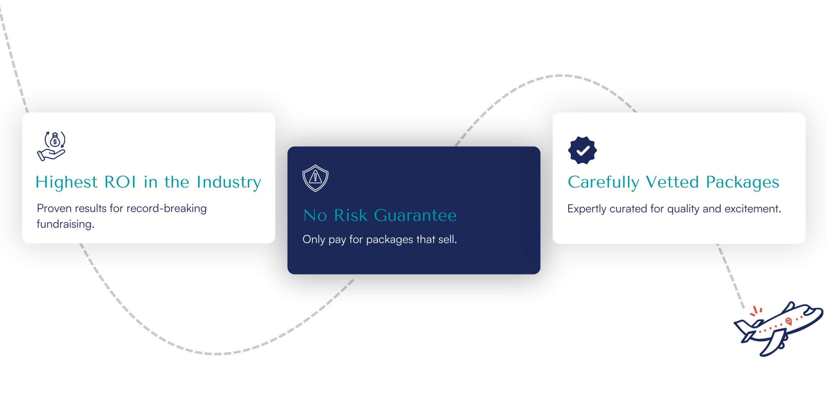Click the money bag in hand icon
[x=51, y=146]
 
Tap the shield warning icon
[x=315, y=178]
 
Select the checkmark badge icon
[x=582, y=150]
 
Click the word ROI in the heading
[x=120, y=182]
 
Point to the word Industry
[x=229, y=183]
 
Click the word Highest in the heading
[x=66, y=183]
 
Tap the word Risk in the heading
[x=351, y=215]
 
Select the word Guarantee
[x=415, y=215]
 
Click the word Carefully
[x=603, y=183]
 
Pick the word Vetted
[x=672, y=182]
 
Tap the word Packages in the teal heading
[x=742, y=183]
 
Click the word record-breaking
[x=167, y=208]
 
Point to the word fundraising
[x=65, y=224]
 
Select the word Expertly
[x=587, y=209]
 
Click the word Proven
[x=54, y=208]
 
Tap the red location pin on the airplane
[x=789, y=321]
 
